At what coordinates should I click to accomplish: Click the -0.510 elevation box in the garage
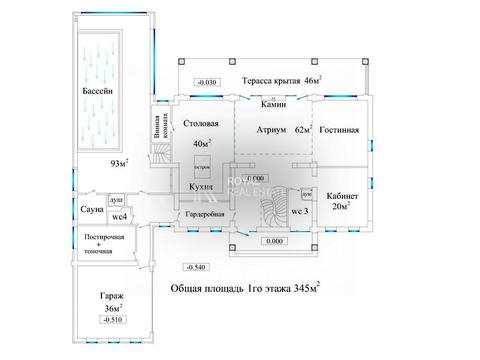click(112, 320)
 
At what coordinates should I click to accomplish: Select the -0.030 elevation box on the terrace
click(209, 81)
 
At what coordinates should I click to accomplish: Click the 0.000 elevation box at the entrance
click(272, 241)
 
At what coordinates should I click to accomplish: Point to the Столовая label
click(201, 124)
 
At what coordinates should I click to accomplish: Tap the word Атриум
click(272, 129)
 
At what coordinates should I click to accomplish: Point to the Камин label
click(273, 103)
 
